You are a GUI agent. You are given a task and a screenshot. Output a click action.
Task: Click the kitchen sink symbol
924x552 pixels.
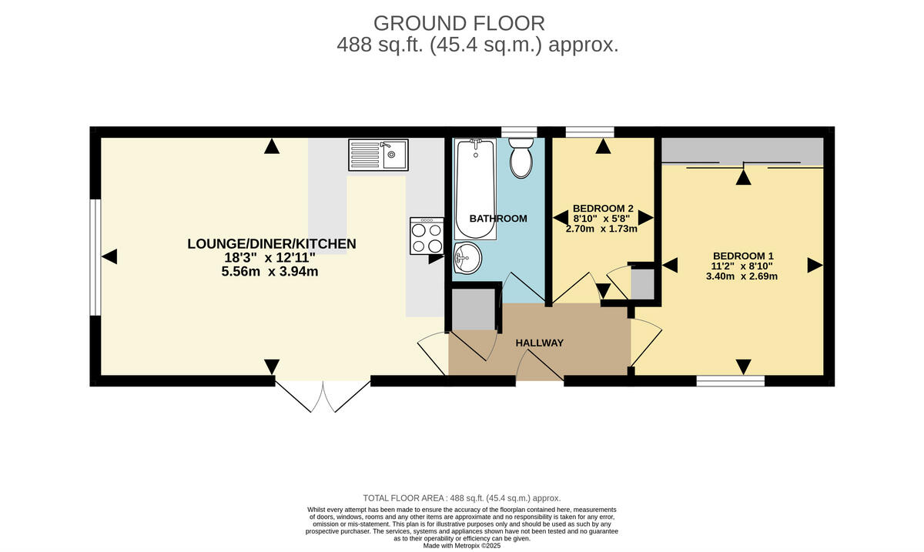378,154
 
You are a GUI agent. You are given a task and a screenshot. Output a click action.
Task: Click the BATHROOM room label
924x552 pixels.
498,219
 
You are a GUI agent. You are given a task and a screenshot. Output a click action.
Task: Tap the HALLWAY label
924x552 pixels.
540,343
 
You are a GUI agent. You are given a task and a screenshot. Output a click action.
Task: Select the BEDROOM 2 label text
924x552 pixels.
603,208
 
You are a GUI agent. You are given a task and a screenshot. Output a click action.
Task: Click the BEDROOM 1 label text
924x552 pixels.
743,256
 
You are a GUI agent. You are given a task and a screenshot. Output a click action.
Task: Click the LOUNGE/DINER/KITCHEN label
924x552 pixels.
272,244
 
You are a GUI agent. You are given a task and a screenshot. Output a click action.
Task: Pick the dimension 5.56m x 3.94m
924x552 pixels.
269,271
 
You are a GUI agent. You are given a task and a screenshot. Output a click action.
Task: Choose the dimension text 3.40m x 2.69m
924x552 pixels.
742,276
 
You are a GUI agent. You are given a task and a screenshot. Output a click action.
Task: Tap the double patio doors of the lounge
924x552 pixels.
323,395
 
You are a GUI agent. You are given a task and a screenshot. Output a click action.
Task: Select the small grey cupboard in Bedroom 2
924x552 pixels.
642,283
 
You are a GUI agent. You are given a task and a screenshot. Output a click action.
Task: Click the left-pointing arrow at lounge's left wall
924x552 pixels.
109,257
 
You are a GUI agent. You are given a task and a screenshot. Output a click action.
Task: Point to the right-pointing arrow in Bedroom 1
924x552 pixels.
815,266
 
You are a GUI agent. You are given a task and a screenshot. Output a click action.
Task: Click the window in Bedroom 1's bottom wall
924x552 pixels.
730,380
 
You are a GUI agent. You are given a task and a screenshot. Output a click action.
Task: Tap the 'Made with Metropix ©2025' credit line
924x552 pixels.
462,545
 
